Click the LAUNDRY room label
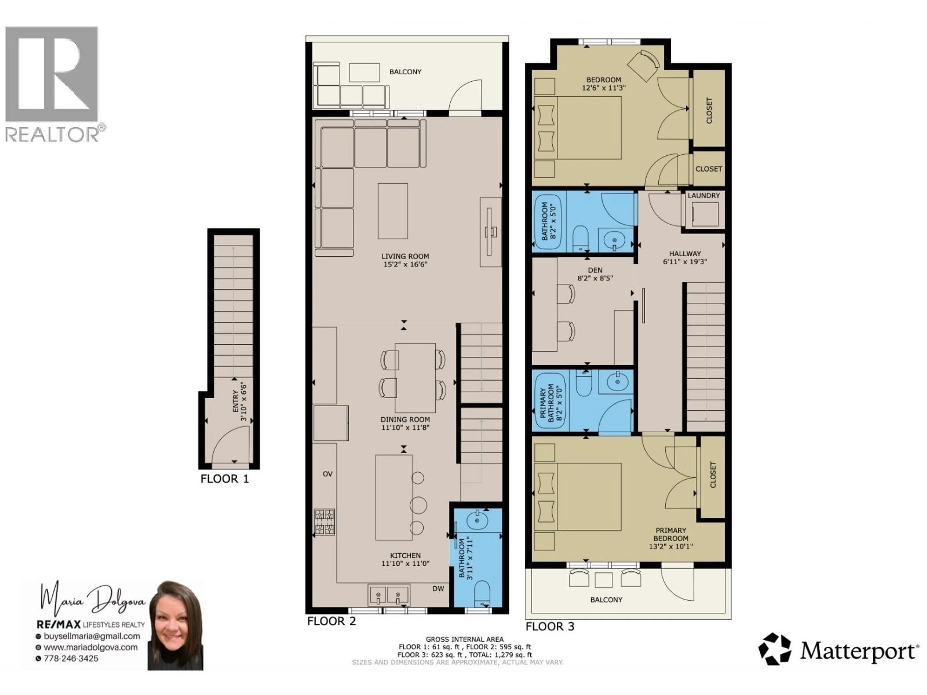(704, 196)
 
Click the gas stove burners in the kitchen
(325, 521)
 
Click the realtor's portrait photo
(175, 625)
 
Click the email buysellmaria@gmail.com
(91, 636)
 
